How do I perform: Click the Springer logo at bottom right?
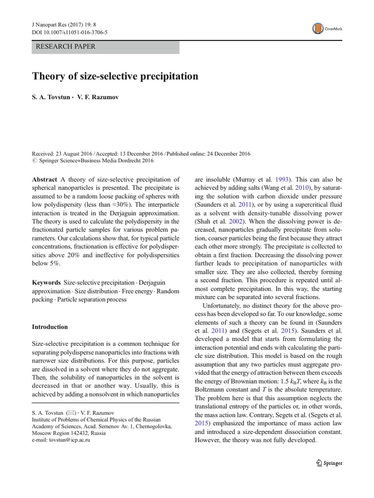[x=329, y=463]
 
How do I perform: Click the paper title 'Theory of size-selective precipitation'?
[x=115, y=76]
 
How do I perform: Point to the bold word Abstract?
[x=44, y=179]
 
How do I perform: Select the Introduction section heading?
[x=50, y=327]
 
